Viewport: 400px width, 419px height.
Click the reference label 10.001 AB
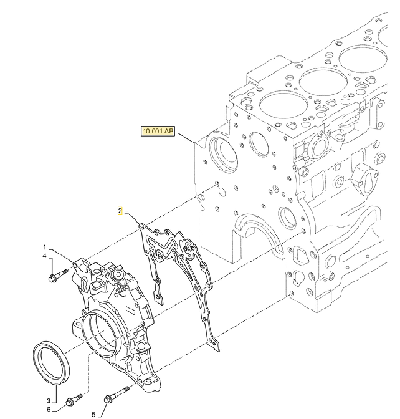pos(158,132)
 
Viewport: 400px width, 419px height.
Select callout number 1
pos(45,247)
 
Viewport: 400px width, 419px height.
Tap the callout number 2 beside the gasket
pos(120,211)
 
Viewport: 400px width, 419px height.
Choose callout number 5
pos(95,413)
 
